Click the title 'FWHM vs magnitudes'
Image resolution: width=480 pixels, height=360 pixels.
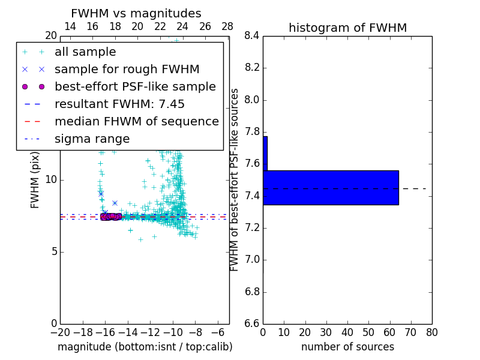click(136, 13)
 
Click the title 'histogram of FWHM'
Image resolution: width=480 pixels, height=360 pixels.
click(347, 28)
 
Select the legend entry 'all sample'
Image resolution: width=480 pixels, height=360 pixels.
click(85, 52)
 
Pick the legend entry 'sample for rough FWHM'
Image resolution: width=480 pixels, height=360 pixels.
click(127, 70)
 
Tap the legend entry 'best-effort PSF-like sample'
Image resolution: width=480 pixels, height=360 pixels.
click(135, 86)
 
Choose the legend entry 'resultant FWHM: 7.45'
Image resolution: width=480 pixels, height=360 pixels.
click(119, 104)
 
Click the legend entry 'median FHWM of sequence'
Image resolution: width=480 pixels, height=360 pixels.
click(136, 121)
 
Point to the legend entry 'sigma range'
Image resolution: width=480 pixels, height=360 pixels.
click(92, 139)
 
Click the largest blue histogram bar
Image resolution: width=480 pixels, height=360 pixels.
click(331, 187)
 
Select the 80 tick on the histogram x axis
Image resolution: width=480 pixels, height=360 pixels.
click(431, 332)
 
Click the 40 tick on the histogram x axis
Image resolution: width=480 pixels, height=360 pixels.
click(347, 332)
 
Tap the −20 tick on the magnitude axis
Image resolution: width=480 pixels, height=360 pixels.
click(60, 332)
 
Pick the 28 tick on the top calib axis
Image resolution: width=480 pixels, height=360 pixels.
click(227, 26)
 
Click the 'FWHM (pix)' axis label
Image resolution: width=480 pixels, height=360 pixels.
click(35, 180)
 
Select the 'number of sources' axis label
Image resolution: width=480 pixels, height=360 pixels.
click(347, 347)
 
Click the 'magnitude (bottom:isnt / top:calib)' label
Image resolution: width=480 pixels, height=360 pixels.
click(145, 347)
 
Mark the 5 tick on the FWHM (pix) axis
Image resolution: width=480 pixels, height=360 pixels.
click(53, 251)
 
